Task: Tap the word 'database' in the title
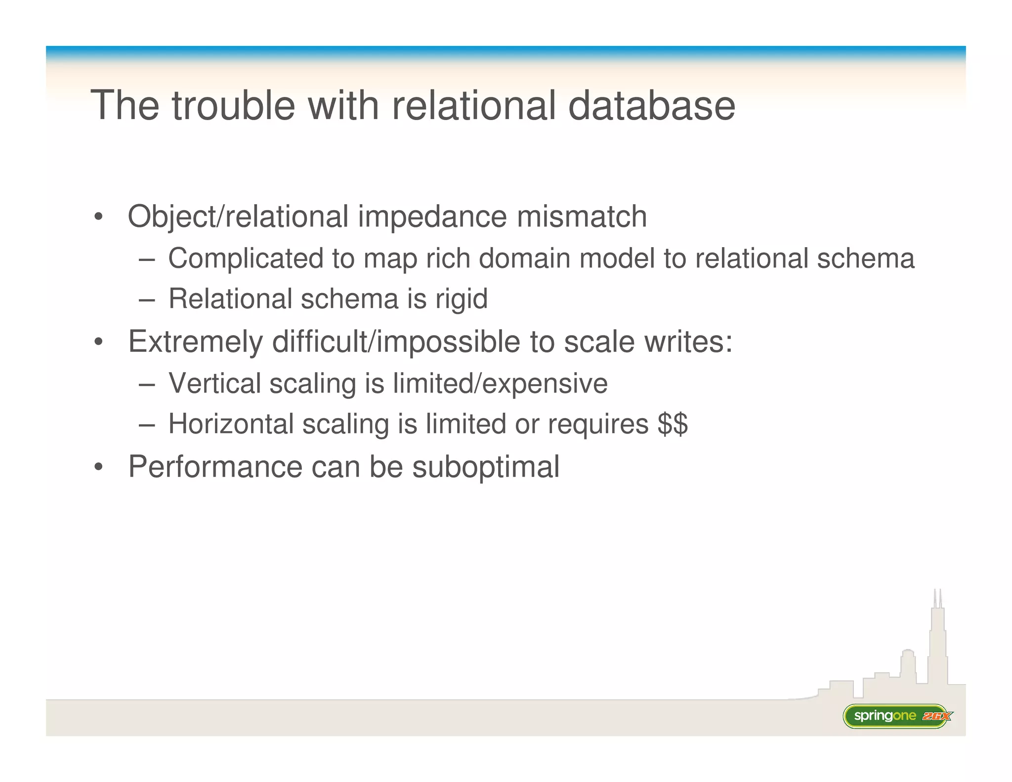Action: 651,105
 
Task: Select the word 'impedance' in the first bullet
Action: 432,217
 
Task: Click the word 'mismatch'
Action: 582,217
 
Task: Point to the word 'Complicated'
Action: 245,259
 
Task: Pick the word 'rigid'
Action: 461,300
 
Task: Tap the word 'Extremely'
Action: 196,342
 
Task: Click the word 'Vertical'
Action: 214,384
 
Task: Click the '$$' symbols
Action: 673,424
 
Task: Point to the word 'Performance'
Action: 215,467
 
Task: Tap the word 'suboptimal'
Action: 486,467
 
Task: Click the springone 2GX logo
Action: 896,716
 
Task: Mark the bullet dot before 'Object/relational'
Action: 98,217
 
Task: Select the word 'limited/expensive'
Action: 500,384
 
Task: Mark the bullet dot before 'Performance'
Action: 98,467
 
